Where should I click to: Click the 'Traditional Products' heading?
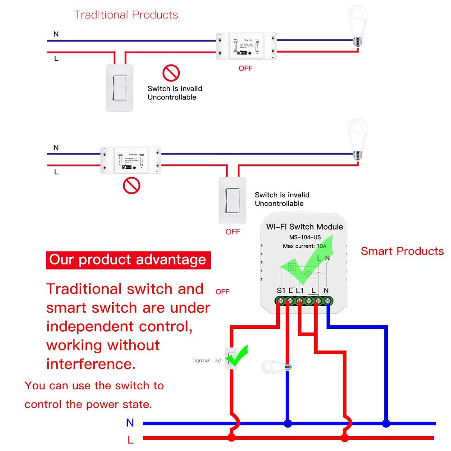126,15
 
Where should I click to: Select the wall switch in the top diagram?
120,87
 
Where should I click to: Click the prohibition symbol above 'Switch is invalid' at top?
171,73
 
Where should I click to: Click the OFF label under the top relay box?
245,68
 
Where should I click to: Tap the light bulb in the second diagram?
358,139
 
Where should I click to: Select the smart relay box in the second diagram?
131,160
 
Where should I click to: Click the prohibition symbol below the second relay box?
132,184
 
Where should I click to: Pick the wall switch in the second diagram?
232,200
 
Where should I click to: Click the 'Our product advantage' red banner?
128,260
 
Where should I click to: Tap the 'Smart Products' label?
402,251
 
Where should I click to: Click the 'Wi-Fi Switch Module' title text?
305,227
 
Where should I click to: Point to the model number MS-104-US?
305,237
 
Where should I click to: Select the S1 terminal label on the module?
281,291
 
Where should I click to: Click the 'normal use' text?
207,360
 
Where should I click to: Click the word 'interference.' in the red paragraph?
91,364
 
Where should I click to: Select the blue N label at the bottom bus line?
130,423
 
